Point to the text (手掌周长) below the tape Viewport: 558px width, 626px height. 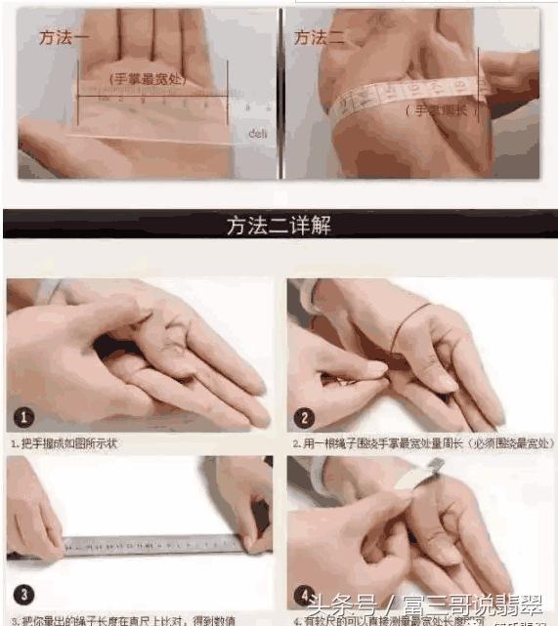tap(441, 110)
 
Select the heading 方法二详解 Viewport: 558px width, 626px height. tap(279, 227)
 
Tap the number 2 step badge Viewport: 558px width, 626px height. tap(304, 415)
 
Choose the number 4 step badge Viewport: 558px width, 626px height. tap(304, 593)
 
